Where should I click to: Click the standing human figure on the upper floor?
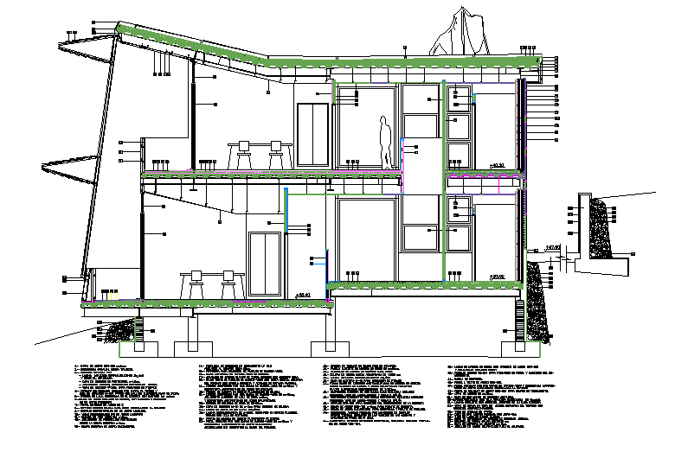coord(385,143)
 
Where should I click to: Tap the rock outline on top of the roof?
coord(453,35)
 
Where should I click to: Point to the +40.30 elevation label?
coord(497,164)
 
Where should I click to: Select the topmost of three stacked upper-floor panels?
coord(459,100)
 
